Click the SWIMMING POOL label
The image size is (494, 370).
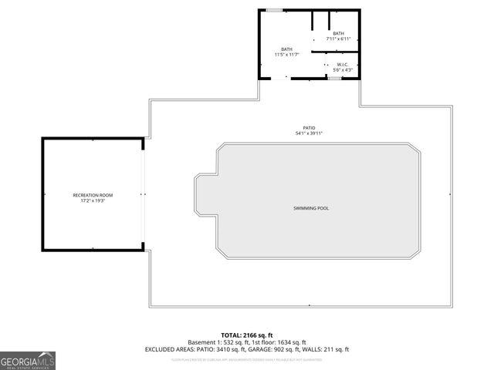(x=311, y=209)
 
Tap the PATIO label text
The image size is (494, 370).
(x=309, y=128)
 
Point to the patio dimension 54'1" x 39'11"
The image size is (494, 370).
(x=309, y=133)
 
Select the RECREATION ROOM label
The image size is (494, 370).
(x=93, y=196)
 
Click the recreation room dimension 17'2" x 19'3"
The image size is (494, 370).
(x=93, y=201)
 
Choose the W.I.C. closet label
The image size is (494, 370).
(x=343, y=65)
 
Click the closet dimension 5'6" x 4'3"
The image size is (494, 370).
(x=343, y=70)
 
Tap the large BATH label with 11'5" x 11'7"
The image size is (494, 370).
(x=286, y=50)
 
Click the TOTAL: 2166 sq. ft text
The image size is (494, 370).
(x=247, y=335)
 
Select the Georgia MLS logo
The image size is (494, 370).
(x=28, y=361)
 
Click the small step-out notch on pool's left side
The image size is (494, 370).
(x=205, y=195)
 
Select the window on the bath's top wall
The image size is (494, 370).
(x=273, y=9)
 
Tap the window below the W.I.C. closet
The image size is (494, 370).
(x=333, y=78)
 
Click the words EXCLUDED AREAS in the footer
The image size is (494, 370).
(x=168, y=349)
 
